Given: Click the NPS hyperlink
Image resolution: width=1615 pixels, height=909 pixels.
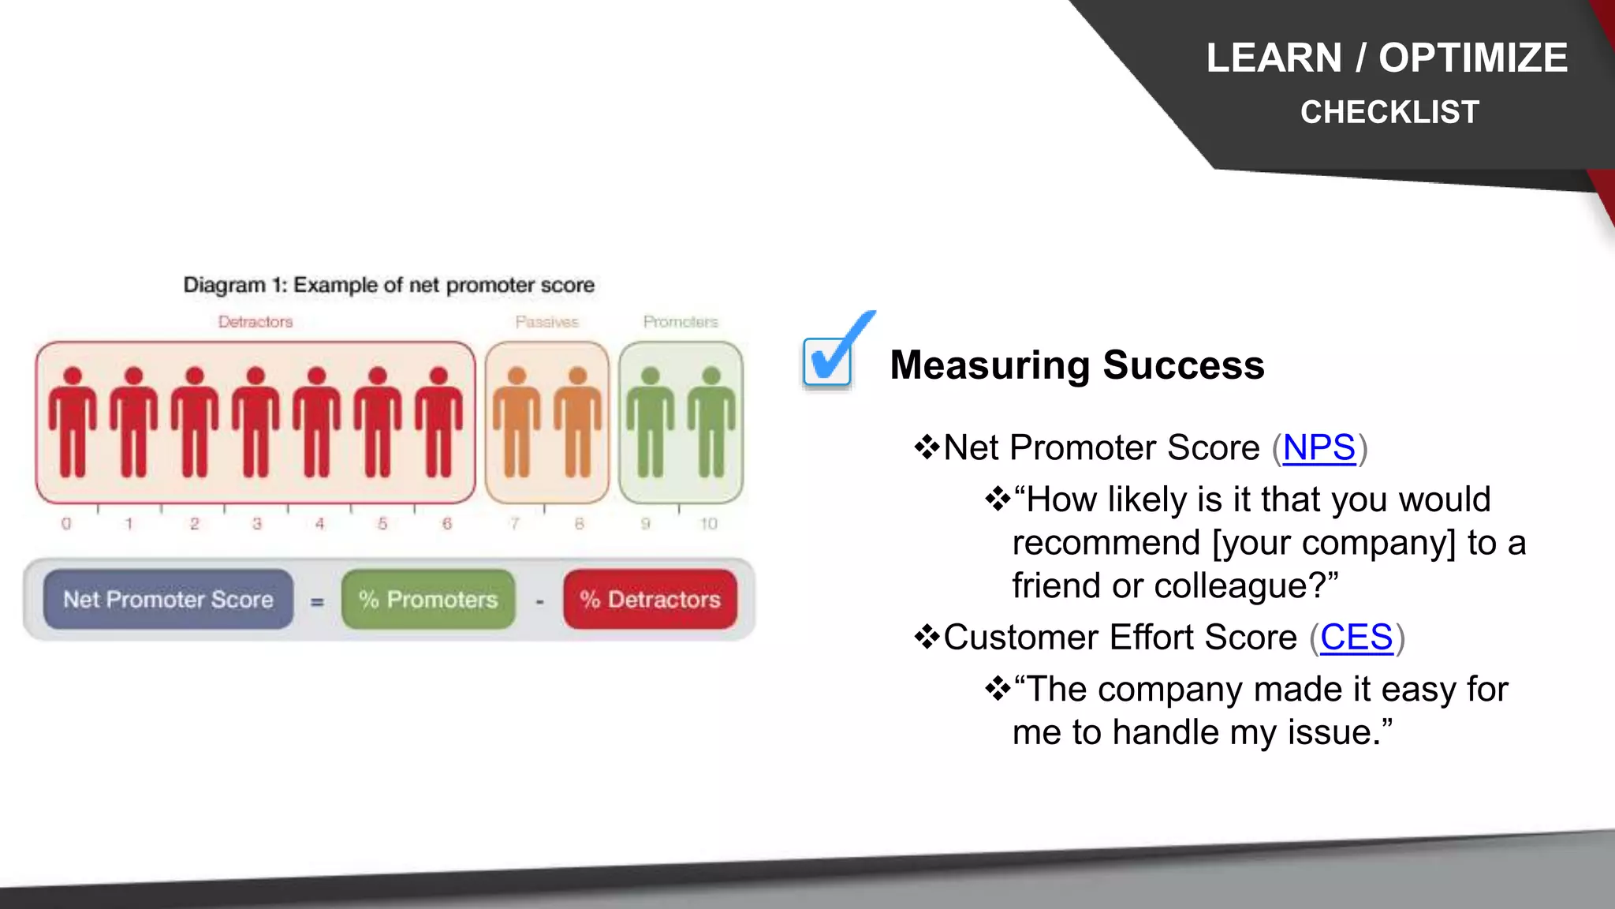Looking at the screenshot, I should (1318, 448).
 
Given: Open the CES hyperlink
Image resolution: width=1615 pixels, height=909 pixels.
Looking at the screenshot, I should (1356, 638).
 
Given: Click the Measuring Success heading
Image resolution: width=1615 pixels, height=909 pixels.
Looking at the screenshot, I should (1076, 365).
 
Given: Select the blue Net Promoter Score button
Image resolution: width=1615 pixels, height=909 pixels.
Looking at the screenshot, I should (168, 600).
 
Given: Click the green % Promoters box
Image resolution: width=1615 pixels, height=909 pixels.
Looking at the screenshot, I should (428, 600).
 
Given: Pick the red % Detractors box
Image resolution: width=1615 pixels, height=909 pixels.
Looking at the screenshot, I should (650, 600).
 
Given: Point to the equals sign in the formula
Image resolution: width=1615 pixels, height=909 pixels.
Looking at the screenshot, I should (317, 602).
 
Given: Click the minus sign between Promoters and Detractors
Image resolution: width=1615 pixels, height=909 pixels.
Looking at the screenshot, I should (539, 602).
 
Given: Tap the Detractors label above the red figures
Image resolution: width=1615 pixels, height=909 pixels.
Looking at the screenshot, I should (255, 322).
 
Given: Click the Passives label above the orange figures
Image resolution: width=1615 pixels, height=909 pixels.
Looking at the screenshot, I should (546, 322).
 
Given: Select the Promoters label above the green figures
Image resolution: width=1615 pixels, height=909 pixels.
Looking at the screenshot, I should (681, 322).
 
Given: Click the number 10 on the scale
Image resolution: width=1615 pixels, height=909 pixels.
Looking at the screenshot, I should (708, 524).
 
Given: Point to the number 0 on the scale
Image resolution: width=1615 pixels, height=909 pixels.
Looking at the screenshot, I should (66, 524).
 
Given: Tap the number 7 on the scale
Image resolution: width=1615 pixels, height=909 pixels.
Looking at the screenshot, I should (514, 524).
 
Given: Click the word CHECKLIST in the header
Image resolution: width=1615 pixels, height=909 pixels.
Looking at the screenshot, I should (1389, 112).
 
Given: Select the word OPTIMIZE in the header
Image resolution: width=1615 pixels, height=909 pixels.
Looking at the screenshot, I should (1472, 58).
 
